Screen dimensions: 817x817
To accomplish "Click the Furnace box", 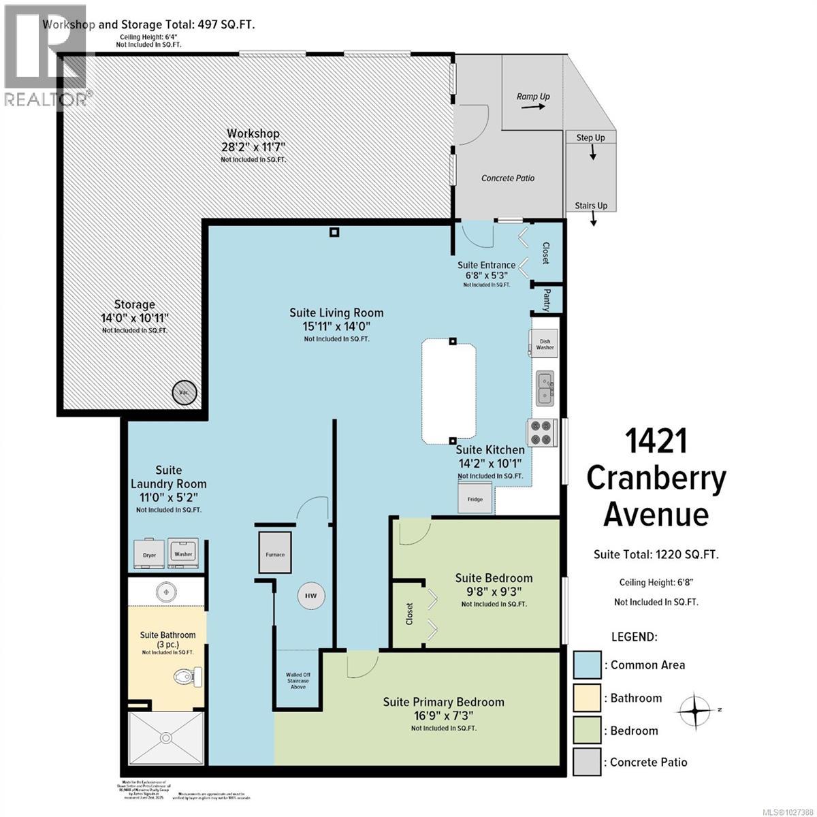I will pyautogui.click(x=276, y=554).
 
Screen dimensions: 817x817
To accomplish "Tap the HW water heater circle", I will pyautogui.click(x=310, y=596).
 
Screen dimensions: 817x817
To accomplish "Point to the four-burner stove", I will pyautogui.click(x=542, y=433).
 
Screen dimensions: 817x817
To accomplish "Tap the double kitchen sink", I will pyautogui.click(x=545, y=388).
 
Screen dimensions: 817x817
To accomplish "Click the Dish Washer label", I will pyautogui.click(x=545, y=345).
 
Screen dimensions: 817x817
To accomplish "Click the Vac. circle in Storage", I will pyautogui.click(x=184, y=393).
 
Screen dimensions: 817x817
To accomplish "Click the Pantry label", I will pyautogui.click(x=547, y=300).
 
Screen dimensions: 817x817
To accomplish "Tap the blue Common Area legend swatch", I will pyautogui.click(x=587, y=665).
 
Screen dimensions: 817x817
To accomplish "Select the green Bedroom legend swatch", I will pyautogui.click(x=587, y=731).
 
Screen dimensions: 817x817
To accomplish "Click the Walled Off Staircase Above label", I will pyautogui.click(x=298, y=681).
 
